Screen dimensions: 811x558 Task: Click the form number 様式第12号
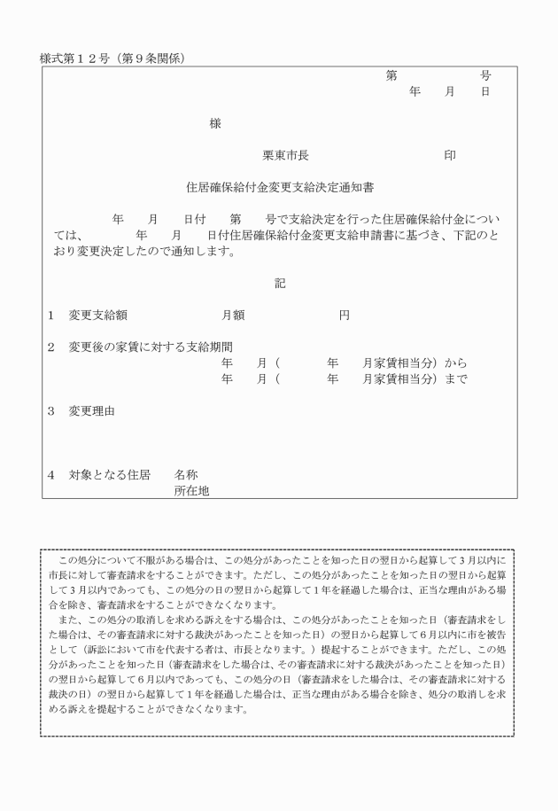pyautogui.click(x=74, y=58)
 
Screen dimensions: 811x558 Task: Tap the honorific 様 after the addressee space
pyautogui.click(x=215, y=123)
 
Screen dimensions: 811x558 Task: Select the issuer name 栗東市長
pyautogui.click(x=285, y=155)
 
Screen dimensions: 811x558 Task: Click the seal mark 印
pyautogui.click(x=450, y=155)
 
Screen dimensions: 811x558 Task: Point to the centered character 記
pyautogui.click(x=280, y=284)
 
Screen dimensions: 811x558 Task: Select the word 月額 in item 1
pyautogui.click(x=233, y=316)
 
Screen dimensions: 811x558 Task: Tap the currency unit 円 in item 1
pyautogui.click(x=345, y=316)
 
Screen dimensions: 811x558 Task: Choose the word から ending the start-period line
pyautogui.click(x=455, y=363)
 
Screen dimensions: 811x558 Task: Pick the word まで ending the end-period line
pyautogui.click(x=455, y=379)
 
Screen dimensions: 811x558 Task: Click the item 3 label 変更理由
pyautogui.click(x=91, y=411)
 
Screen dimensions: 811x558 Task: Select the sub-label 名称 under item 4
pyautogui.click(x=186, y=474)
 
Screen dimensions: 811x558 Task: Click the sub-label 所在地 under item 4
pyautogui.click(x=191, y=490)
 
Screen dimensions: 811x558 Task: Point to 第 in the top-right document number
pyautogui.click(x=391, y=75)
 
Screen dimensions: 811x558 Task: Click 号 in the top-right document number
pyautogui.click(x=484, y=75)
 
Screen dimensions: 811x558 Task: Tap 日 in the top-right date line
pyautogui.click(x=484, y=91)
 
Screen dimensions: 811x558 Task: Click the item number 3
pyautogui.click(x=51, y=411)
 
